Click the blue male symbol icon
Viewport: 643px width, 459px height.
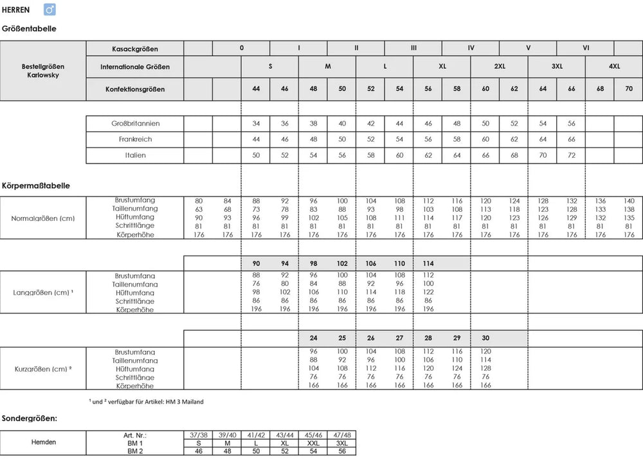point(50,10)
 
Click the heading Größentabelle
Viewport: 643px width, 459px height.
point(29,29)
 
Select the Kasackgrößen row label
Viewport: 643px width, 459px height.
point(135,49)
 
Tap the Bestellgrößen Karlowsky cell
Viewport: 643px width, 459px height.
point(43,71)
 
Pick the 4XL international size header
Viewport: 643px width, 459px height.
point(614,66)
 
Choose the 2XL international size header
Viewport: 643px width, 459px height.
point(499,66)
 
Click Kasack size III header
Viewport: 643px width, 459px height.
point(413,48)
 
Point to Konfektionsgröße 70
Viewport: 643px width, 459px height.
point(628,89)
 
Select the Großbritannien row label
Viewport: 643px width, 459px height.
point(134,123)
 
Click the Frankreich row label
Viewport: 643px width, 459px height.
point(134,139)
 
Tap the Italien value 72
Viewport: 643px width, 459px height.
point(571,155)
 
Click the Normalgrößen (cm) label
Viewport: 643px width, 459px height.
point(43,218)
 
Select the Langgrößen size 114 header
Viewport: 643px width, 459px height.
point(428,263)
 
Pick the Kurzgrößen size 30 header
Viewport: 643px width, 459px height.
point(485,338)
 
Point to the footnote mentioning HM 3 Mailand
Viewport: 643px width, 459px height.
point(146,402)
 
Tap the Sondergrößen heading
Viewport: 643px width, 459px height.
point(30,418)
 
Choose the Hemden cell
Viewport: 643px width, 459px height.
point(43,442)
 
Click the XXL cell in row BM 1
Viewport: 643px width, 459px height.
point(313,443)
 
